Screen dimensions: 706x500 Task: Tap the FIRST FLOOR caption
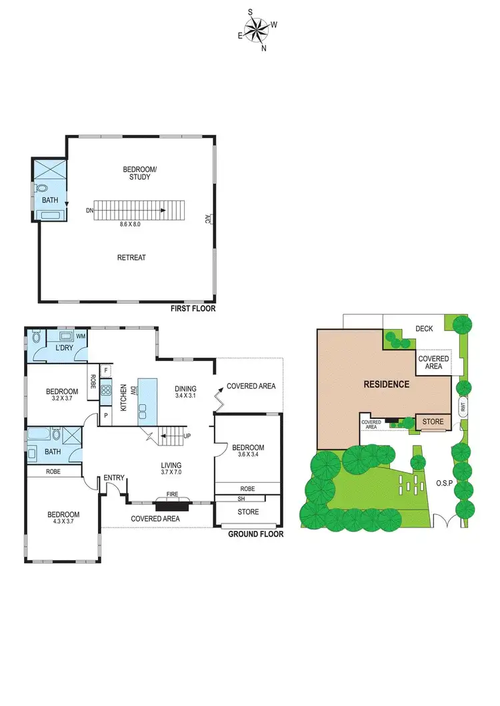193,308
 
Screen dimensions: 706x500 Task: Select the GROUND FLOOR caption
255,534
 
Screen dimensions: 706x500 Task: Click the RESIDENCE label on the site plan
386,384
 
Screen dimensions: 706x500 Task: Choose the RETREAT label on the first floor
131,257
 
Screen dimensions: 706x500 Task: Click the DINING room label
186,389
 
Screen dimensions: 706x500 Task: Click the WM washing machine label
81,336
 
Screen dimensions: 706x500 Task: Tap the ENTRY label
114,478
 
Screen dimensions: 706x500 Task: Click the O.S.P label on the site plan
445,482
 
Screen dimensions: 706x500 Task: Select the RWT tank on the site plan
462,406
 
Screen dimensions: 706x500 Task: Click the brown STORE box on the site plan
434,421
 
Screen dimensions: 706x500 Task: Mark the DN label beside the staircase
89,210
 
